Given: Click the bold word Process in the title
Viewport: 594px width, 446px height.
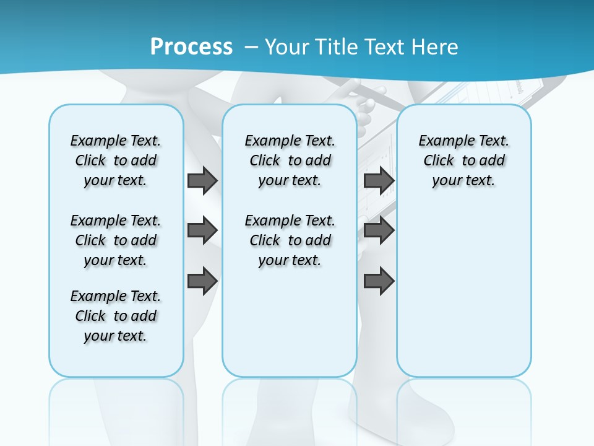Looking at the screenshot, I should pos(191,47).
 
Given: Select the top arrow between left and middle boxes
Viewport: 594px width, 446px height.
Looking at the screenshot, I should pos(202,180).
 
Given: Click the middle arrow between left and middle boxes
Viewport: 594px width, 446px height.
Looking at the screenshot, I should pos(202,230).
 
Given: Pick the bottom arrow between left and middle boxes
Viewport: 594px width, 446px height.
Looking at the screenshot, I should pos(202,281).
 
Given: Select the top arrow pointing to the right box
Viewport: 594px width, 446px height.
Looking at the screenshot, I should pos(379,180).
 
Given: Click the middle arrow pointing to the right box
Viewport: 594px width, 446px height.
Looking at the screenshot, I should pos(379,230).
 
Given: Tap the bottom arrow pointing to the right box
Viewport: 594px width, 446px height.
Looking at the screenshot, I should pos(379,281).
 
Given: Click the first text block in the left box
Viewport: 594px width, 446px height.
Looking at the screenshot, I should pos(116,160).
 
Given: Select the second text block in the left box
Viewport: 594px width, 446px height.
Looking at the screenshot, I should pos(116,240).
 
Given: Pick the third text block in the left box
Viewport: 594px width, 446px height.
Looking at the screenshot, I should pos(116,316).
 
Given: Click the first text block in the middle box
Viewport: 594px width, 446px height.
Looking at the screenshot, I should pos(290,160).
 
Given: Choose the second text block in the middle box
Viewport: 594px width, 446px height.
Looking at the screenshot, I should pos(290,240).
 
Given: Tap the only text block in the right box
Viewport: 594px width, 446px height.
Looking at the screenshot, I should pos(463,160).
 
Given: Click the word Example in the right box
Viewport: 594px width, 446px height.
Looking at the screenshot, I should pos(441,141).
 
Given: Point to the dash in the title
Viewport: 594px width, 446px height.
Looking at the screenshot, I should pos(251,47).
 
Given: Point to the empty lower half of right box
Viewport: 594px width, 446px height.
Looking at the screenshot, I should pos(463,297).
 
